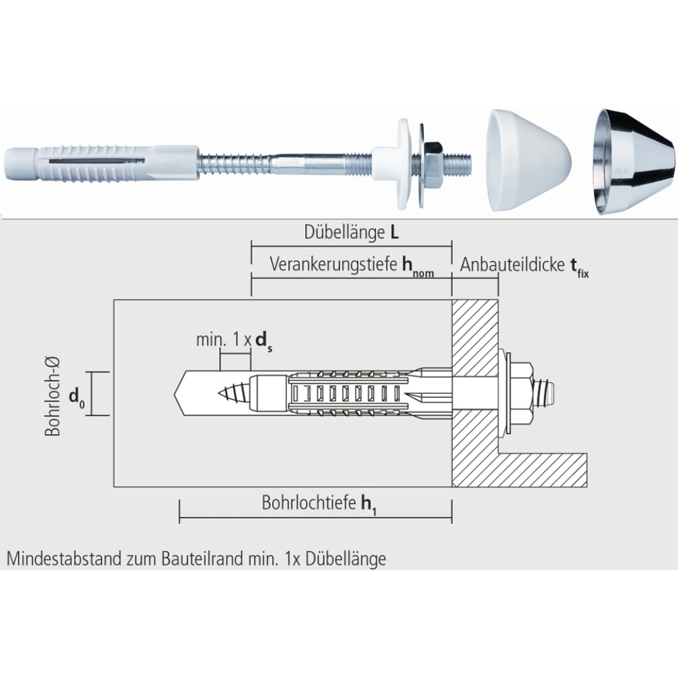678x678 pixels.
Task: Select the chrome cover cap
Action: tap(634, 162)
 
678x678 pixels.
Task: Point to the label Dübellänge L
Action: tap(352, 232)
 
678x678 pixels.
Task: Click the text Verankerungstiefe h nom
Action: tap(352, 265)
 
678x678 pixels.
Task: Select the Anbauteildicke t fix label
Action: tap(524, 266)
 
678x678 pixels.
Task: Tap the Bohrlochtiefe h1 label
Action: tap(319, 504)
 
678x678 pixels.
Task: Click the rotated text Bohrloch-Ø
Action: tap(53, 397)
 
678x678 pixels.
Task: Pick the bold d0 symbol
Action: tap(77, 398)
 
